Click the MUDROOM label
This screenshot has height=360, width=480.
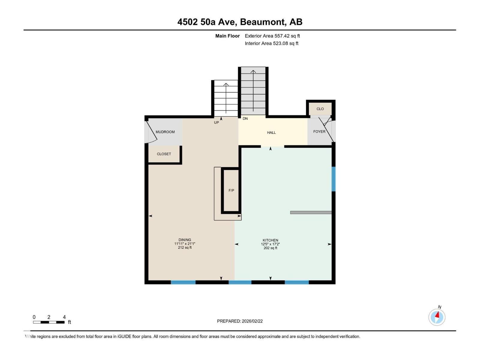(x=165, y=132)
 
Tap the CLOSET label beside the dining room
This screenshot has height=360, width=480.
(x=164, y=154)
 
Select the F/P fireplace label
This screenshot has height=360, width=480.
(x=231, y=190)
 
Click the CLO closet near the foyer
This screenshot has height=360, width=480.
(x=320, y=109)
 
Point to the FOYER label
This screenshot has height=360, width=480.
(x=319, y=132)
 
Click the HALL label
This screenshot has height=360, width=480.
(x=271, y=133)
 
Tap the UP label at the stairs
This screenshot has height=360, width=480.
(x=216, y=122)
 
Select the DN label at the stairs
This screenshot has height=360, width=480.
(x=245, y=118)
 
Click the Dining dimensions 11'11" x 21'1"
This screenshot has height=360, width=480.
(x=185, y=244)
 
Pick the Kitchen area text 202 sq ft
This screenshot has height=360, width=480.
(x=270, y=248)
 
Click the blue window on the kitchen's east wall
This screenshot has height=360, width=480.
(x=333, y=179)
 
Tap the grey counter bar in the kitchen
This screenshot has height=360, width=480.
(x=311, y=212)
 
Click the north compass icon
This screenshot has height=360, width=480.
(x=437, y=317)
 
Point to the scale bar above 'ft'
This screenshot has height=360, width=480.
(x=49, y=322)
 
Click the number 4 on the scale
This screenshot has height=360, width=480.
(x=64, y=317)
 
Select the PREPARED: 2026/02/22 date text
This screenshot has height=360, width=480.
(x=240, y=321)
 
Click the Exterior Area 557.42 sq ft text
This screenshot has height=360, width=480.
(x=272, y=36)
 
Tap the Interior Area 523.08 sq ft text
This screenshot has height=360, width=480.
(x=271, y=43)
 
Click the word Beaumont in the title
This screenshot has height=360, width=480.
(x=262, y=22)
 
